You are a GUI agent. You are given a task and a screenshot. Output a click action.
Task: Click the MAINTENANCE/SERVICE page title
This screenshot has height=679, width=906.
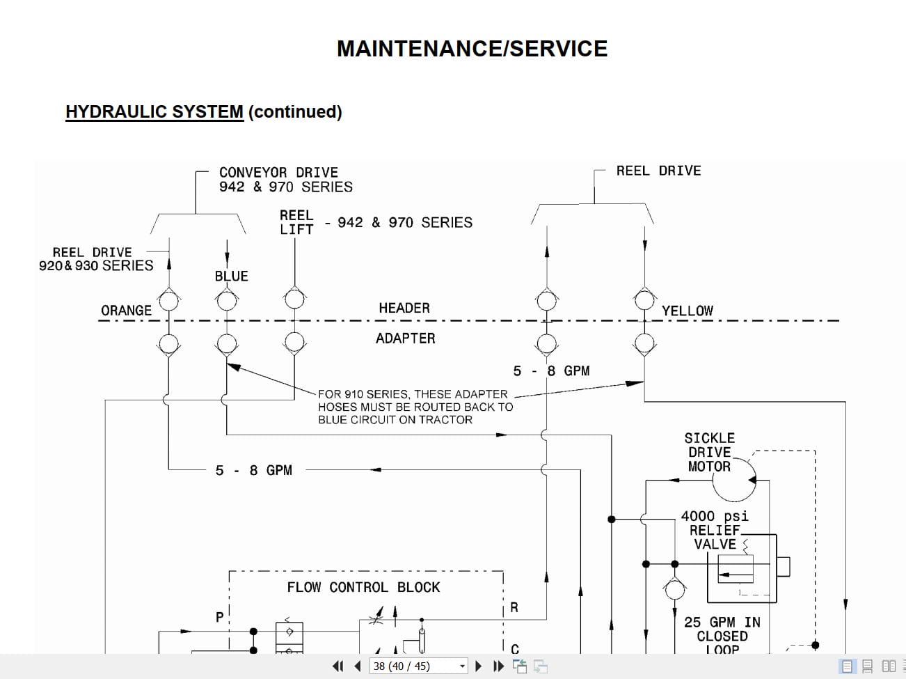[x=472, y=49]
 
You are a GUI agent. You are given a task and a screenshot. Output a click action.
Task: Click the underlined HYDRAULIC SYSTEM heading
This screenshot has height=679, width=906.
[x=154, y=112]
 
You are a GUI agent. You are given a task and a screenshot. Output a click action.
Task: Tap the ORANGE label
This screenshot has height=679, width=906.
[x=126, y=311]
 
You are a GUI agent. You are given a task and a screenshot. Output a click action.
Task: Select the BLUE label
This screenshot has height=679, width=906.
[x=231, y=276]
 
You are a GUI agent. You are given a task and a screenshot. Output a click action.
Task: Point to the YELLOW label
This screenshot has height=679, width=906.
[x=687, y=311]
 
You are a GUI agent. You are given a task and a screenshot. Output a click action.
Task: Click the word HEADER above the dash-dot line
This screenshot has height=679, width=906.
[x=404, y=308]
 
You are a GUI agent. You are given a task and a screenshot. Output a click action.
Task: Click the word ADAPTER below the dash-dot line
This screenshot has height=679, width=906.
[x=405, y=338]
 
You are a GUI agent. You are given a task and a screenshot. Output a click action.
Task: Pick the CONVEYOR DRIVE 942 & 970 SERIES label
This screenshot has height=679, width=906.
[x=285, y=180]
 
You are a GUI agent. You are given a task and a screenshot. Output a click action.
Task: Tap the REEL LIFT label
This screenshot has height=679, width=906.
[x=296, y=222]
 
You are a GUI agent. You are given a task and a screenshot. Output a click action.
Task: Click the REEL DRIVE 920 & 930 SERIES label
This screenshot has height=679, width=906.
[x=95, y=259]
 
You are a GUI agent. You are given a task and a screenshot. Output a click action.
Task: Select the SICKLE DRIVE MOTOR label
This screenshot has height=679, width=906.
[x=709, y=452]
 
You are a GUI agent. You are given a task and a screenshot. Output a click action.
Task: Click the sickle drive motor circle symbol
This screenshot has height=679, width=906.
[x=734, y=480]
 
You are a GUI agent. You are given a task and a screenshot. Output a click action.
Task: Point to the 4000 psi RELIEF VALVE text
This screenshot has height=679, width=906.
[x=715, y=530]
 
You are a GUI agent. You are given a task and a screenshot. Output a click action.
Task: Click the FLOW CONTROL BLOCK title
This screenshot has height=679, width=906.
[x=363, y=588]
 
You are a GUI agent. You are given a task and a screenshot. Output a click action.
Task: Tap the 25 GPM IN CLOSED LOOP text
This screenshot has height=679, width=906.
[x=722, y=635]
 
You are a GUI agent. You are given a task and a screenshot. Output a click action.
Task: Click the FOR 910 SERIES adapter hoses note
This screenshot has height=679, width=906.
[x=415, y=407]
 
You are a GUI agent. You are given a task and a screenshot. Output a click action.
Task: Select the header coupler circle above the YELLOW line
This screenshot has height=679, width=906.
[x=644, y=300]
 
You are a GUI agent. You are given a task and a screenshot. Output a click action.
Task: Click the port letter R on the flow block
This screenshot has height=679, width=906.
[x=514, y=607]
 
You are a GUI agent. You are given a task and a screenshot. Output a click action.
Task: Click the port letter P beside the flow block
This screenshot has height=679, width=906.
[x=220, y=617]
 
